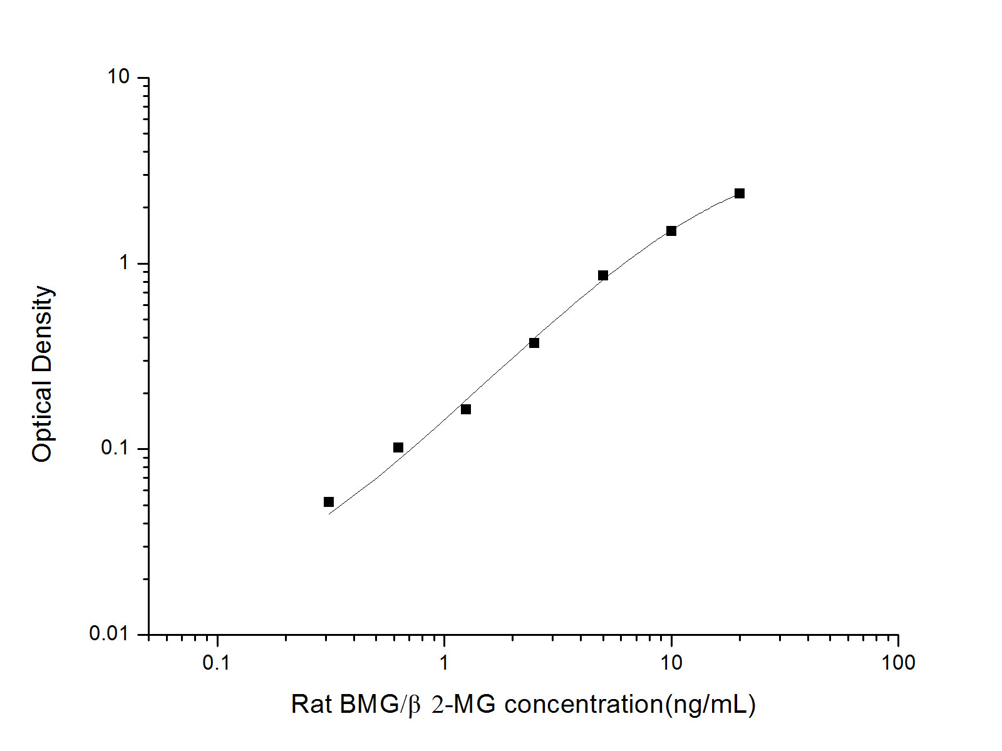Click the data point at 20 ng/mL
click(740, 193)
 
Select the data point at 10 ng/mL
click(671, 231)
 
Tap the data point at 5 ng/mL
click(603, 275)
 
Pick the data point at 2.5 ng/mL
click(534, 343)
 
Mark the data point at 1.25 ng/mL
click(466, 409)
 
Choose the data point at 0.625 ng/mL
click(398, 447)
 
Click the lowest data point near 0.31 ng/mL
click(329, 502)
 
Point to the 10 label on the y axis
click(118, 77)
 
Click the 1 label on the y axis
click(124, 263)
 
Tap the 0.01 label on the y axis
click(108, 634)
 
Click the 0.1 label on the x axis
click(217, 663)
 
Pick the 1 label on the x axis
click(444, 663)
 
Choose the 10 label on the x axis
click(671, 663)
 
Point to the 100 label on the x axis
click(898, 663)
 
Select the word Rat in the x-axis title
click(311, 705)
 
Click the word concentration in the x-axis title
click(583, 705)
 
